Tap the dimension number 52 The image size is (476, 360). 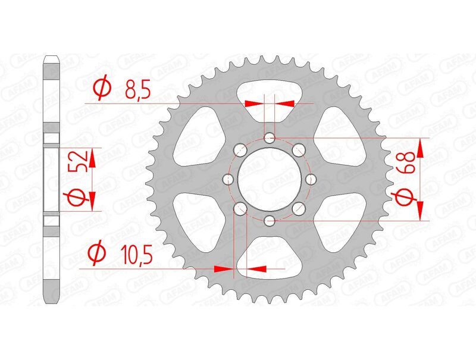80,161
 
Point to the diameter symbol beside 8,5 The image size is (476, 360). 102,90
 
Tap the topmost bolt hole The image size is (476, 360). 270,138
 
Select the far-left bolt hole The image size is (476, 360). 228,179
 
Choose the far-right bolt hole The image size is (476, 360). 311,179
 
